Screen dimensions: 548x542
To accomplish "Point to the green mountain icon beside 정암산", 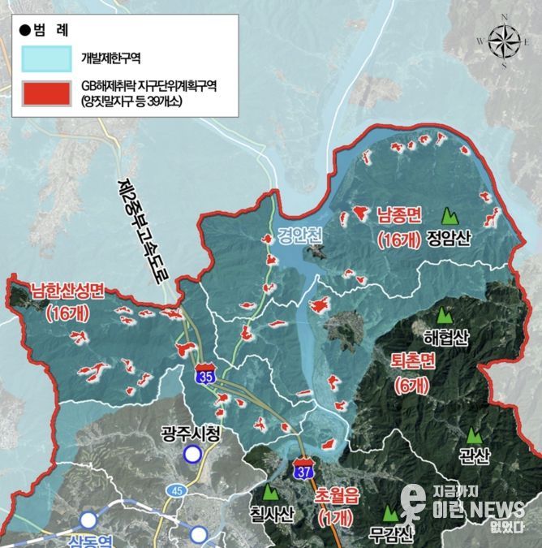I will click(x=448, y=217).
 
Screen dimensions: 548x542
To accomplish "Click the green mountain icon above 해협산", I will click(x=444, y=314).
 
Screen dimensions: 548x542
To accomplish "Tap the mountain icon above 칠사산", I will click(x=270, y=491).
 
